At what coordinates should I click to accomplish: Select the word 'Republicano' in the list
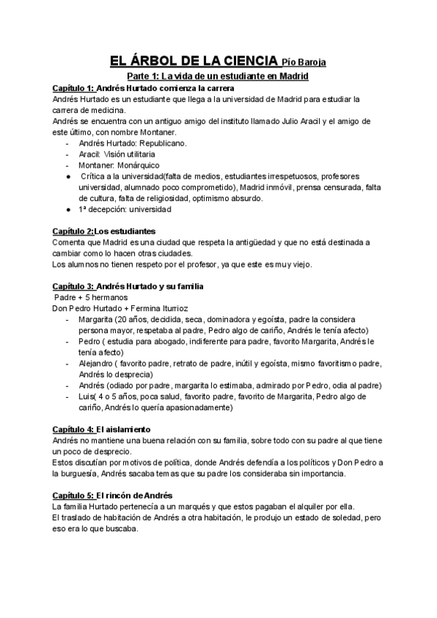pyautogui.click(x=160, y=144)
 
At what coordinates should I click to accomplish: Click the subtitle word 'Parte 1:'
pyautogui.click(x=141, y=76)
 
